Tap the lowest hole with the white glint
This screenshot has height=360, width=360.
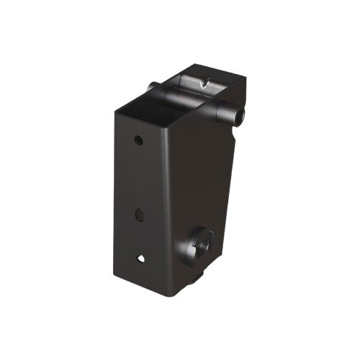click(140, 256)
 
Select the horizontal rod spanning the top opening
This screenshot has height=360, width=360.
click(194, 101)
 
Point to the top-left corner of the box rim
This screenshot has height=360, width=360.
click(117, 110)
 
